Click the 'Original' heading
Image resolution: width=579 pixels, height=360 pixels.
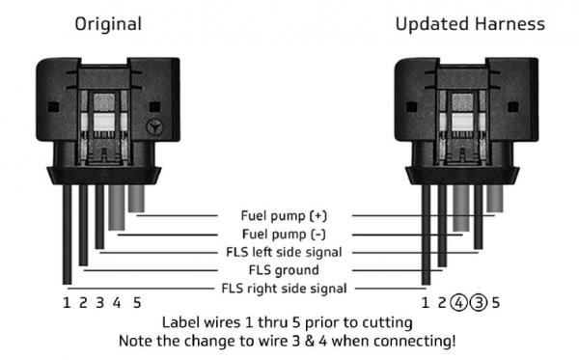pyautogui.click(x=108, y=24)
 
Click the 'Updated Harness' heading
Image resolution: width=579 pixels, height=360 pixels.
pyautogui.click(x=470, y=24)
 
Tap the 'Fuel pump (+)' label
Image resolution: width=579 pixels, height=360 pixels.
pyautogui.click(x=284, y=215)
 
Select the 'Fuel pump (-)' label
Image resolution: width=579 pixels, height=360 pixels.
pyautogui.click(x=284, y=235)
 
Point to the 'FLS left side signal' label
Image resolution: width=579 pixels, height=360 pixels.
pyautogui.click(x=284, y=252)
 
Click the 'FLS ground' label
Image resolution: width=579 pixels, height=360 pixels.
pyautogui.click(x=284, y=270)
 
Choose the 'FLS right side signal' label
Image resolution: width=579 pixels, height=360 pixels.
pyautogui.click(x=284, y=289)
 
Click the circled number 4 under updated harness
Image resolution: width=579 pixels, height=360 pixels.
pyautogui.click(x=458, y=303)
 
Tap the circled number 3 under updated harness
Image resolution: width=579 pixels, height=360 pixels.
pyautogui.click(x=479, y=303)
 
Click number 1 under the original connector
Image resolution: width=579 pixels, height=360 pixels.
pyautogui.click(x=67, y=303)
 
